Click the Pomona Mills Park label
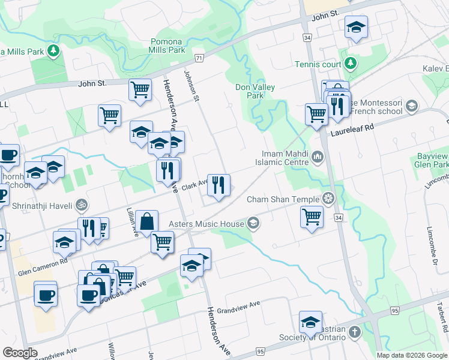[x=167, y=46]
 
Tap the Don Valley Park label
[x=255, y=91]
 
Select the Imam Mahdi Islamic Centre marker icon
[x=317, y=158]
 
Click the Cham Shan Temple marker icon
[x=328, y=197]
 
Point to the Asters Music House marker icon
[x=253, y=223]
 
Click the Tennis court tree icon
[x=349, y=64]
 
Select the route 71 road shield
[x=199, y=58]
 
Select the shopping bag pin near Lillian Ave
[x=146, y=221]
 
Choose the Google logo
[x=20, y=353]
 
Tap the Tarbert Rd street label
[x=444, y=321]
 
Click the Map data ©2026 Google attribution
[x=412, y=355]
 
